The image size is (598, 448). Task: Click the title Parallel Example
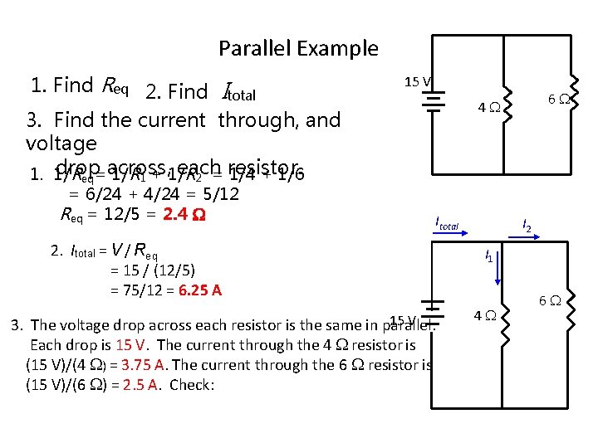click(x=298, y=49)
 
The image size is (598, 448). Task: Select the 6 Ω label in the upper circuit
click(x=557, y=99)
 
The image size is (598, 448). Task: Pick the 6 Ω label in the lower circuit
click(x=551, y=299)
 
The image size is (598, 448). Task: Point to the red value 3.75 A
click(x=145, y=364)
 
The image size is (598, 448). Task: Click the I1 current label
click(x=489, y=258)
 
